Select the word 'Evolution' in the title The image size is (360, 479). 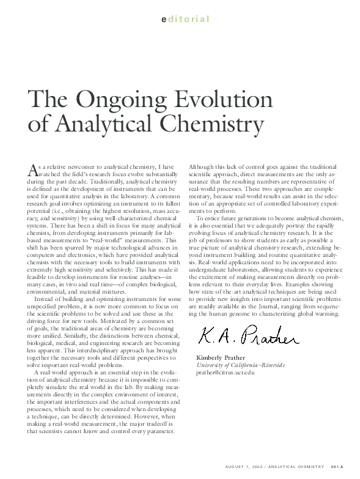point(213,100)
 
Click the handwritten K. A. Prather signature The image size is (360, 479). point(248,335)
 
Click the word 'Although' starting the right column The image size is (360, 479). point(200,166)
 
